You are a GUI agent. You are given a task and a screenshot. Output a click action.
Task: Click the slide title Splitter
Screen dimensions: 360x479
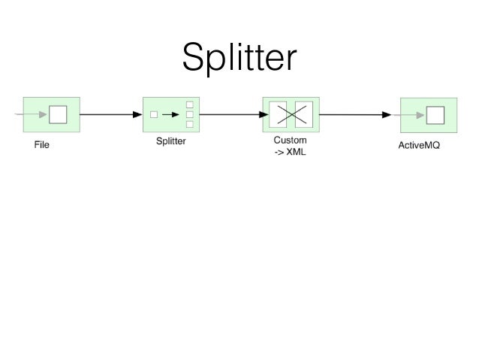[240, 57]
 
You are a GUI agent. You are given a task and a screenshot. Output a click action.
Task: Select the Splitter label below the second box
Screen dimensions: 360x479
[171, 141]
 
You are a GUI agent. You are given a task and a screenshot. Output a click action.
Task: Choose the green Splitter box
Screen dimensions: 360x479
[171, 115]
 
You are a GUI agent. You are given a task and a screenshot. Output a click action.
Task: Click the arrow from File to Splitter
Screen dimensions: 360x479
[110, 115]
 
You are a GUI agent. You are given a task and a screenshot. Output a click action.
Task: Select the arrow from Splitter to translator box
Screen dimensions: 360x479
[230, 115]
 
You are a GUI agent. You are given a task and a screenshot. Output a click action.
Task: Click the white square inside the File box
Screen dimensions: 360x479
[58, 115]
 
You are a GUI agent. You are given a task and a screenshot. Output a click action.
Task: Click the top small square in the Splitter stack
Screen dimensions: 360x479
[189, 104]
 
